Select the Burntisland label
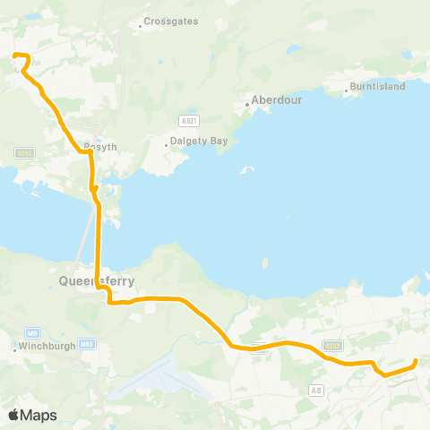379,87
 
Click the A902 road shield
333,343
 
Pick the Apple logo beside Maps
13,415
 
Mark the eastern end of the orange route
416,362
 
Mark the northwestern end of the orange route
13,56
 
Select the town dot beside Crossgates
141,25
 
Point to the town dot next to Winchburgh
15,349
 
